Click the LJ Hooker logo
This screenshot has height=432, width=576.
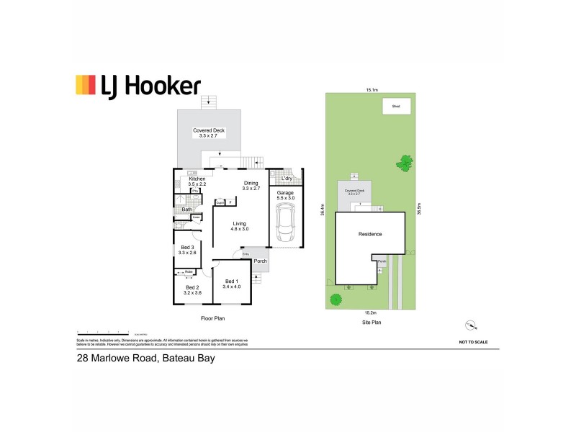[x=138, y=86]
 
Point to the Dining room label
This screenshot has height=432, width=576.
[x=251, y=184]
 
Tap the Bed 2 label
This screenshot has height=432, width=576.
[x=191, y=290]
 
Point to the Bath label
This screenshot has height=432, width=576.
[x=186, y=210]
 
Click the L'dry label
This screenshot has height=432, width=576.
[x=287, y=178]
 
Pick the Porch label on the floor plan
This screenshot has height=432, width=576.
[x=260, y=261]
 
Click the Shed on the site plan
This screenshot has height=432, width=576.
[x=395, y=107]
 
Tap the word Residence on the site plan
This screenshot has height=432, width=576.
[x=369, y=234]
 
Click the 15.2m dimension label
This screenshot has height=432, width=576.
[x=371, y=313]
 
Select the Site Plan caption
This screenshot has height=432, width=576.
[x=371, y=323]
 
